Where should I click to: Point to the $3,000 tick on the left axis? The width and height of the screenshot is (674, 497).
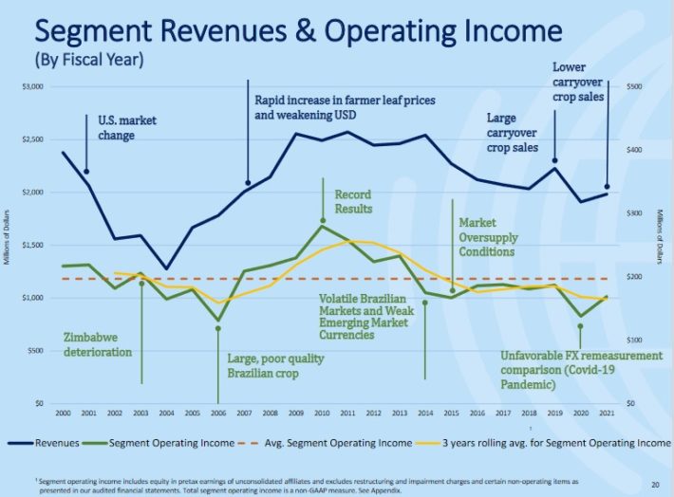pos(32,86)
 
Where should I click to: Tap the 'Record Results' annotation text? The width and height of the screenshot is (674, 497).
pos(353,201)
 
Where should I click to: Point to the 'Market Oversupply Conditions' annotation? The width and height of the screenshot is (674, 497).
pos(487,237)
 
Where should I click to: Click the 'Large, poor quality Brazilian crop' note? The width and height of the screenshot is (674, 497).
pos(276,365)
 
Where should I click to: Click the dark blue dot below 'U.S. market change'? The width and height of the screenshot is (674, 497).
pos(86,172)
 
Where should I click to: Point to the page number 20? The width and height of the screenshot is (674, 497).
pos(655,485)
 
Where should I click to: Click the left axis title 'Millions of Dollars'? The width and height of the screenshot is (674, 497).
pos(8,244)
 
